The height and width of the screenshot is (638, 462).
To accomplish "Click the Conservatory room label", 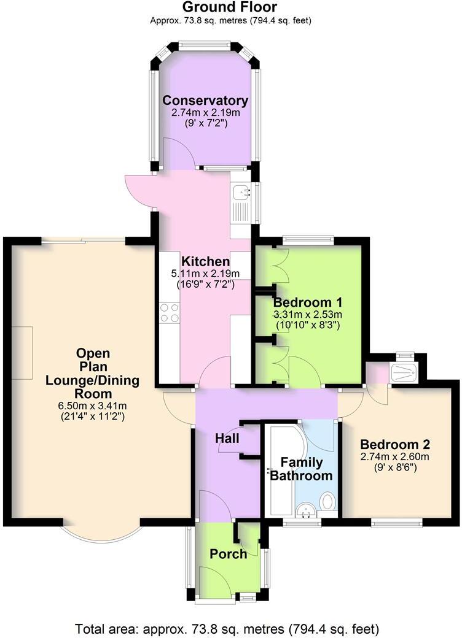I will click(205, 101).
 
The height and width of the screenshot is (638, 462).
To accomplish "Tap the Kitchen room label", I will click(205, 263).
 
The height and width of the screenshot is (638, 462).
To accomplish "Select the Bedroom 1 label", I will click(307, 302).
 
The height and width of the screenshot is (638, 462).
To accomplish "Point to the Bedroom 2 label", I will click(394, 445).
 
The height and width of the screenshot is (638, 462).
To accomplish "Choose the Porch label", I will click(228, 554).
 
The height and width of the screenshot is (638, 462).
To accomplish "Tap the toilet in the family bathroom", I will click(328, 502).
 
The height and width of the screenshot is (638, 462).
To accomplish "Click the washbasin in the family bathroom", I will click(305, 509).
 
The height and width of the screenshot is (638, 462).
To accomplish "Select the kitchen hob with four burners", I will click(169, 313).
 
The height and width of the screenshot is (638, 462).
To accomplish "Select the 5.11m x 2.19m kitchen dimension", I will click(205, 274).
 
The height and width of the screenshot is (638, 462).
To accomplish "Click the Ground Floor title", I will click(230, 7).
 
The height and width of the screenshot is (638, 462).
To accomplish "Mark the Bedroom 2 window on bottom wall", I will click(396, 523).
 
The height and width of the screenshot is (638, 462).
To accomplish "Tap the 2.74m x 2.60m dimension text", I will click(394, 456).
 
